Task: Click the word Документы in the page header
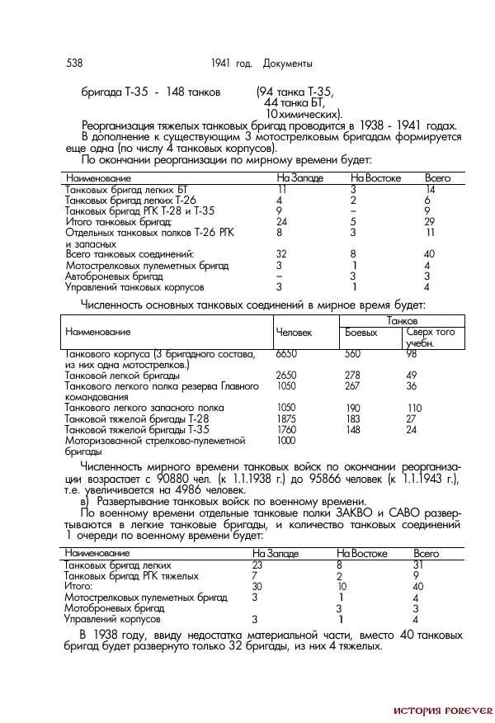tap(288, 64)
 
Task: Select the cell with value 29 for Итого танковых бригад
tap(429, 222)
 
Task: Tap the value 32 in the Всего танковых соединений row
tap(281, 254)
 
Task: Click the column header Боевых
tap(361, 333)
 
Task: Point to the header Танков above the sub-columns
tap(402, 319)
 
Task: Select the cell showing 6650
tap(285, 353)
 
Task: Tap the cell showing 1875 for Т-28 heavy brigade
tap(285, 418)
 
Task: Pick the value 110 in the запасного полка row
tap(413, 408)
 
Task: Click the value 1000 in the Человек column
tap(285, 440)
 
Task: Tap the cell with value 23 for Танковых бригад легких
tap(257, 565)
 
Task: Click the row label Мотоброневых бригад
tap(115, 607)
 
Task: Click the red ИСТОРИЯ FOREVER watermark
tap(442, 710)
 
